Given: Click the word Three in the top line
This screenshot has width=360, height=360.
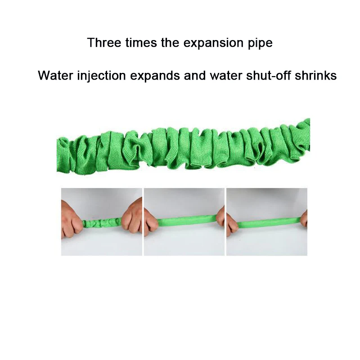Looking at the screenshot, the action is pos(102,43).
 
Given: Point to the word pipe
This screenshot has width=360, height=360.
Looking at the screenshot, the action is pos(259,44).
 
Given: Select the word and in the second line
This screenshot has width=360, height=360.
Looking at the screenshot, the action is pos(195,75).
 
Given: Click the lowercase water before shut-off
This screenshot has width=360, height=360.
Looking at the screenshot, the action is pos(228,75).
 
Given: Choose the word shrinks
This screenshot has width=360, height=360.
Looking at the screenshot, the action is pos(317,75).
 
